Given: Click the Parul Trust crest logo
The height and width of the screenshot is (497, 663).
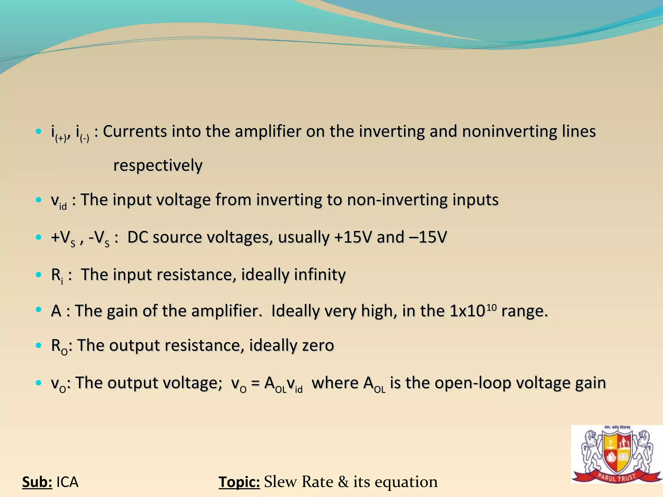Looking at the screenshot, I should (616, 455).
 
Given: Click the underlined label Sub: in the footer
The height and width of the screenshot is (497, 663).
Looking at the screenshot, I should (37, 482).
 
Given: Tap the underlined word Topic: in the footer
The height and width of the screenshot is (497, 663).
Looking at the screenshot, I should (239, 482).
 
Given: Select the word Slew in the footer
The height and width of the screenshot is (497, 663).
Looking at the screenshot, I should (280, 482).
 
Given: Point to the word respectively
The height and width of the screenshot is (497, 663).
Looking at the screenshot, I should (158, 166).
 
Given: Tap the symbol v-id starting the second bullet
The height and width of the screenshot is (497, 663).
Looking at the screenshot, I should (58, 201).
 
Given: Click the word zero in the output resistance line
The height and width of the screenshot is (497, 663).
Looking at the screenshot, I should (318, 345).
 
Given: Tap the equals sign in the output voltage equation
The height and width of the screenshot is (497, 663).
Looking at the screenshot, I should (255, 383).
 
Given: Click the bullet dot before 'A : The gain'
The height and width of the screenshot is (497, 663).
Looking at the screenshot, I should (39, 310).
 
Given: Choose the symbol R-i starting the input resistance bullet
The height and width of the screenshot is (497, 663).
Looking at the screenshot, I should (57, 275).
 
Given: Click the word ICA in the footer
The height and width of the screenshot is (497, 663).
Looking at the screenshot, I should (67, 482).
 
